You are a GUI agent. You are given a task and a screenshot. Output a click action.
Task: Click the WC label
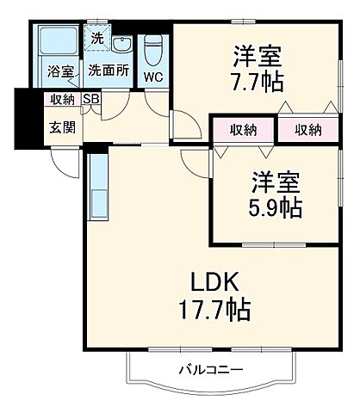153,77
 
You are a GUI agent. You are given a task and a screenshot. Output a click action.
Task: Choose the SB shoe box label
90,99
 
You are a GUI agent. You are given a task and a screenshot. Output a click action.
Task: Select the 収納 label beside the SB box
62,99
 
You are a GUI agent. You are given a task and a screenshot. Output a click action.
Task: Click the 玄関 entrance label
60,128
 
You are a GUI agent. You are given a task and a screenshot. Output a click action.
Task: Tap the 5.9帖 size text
276,206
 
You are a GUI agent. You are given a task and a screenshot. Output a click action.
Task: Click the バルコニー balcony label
211,370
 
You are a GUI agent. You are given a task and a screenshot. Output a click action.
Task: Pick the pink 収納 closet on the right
307,130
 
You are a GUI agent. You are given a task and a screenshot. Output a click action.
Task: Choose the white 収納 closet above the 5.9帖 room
244,130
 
